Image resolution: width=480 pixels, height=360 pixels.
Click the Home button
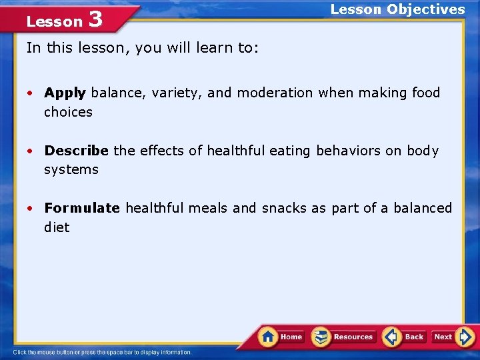click(281, 337)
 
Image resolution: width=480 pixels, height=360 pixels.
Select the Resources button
click(344, 337)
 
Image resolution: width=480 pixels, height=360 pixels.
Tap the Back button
click(405, 337)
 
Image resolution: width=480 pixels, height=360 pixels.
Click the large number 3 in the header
click(95, 19)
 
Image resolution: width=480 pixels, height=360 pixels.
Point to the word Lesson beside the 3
click(54, 21)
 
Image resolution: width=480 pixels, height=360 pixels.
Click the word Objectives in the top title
click(426, 9)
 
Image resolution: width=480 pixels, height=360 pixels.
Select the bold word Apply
click(65, 93)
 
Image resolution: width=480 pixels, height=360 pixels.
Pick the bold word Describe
click(76, 151)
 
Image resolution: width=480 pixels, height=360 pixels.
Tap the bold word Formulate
click(82, 208)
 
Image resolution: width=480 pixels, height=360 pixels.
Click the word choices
click(68, 112)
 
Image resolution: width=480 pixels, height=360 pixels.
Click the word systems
click(71, 169)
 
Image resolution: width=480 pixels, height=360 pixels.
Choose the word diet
click(57, 227)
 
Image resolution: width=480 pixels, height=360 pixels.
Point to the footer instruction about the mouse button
click(102, 352)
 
